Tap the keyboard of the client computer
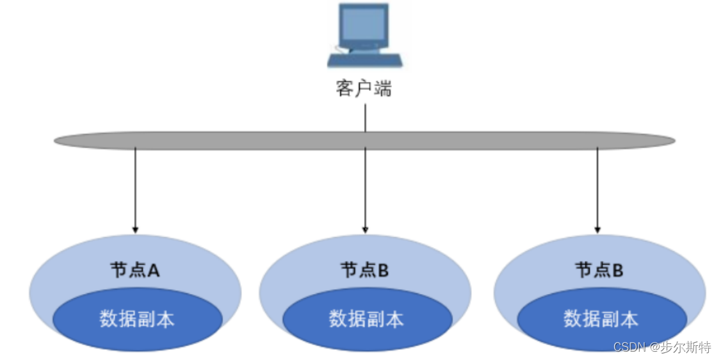(364, 60)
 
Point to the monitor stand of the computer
(364, 48)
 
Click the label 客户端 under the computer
(363, 88)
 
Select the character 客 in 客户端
(344, 88)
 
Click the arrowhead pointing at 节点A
(134, 229)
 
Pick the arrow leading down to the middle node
(365, 192)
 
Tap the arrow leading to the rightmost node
(597, 192)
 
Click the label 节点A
(134, 270)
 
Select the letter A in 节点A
(154, 270)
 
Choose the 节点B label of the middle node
(364, 270)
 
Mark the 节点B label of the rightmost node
(599, 270)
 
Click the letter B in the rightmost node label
(618, 270)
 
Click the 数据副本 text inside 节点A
(136, 319)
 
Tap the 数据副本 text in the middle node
(366, 319)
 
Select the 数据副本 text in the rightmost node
(601, 319)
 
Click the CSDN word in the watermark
(629, 347)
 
